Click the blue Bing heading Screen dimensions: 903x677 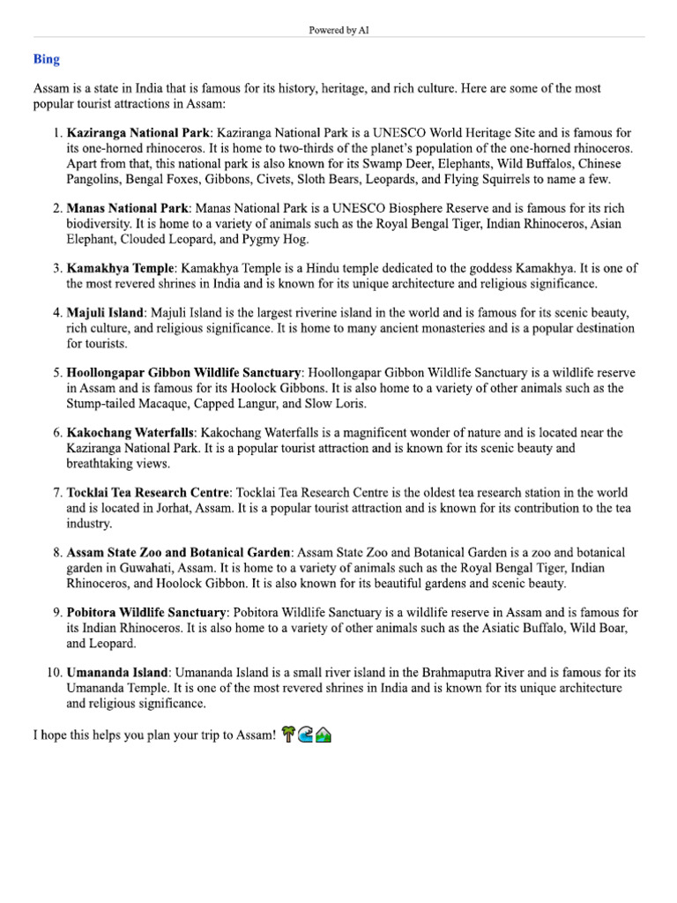(46, 59)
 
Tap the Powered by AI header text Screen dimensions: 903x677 (338, 30)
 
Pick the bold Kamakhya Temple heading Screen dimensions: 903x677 (121, 268)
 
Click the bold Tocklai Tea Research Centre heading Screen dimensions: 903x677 (148, 492)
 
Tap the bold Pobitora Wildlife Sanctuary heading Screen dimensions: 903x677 (146, 612)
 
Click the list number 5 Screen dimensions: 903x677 (56, 372)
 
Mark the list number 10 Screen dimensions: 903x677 (53, 672)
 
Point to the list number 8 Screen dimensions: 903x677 (56, 552)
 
